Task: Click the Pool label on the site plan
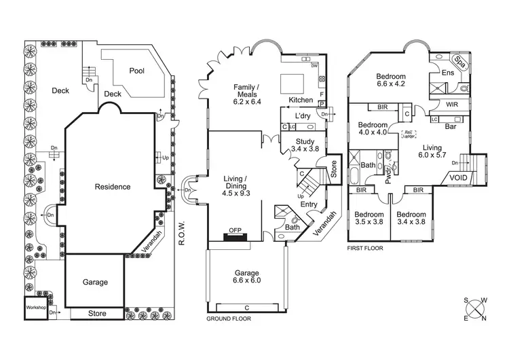click(x=137, y=70)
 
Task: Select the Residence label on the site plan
click(x=112, y=187)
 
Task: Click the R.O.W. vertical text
click(x=181, y=232)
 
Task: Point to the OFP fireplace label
click(x=235, y=230)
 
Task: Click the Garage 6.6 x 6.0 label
click(x=246, y=276)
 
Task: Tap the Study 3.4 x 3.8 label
click(x=304, y=145)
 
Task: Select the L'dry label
click(x=303, y=116)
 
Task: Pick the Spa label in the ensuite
click(x=459, y=60)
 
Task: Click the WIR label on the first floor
click(x=454, y=104)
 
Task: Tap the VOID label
click(x=457, y=179)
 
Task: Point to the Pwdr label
click(x=388, y=176)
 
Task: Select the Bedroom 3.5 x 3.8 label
click(x=370, y=217)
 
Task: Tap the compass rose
click(x=474, y=308)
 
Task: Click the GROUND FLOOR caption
click(x=228, y=318)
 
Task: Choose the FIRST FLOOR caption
click(x=365, y=249)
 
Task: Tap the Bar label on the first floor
click(x=449, y=126)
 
